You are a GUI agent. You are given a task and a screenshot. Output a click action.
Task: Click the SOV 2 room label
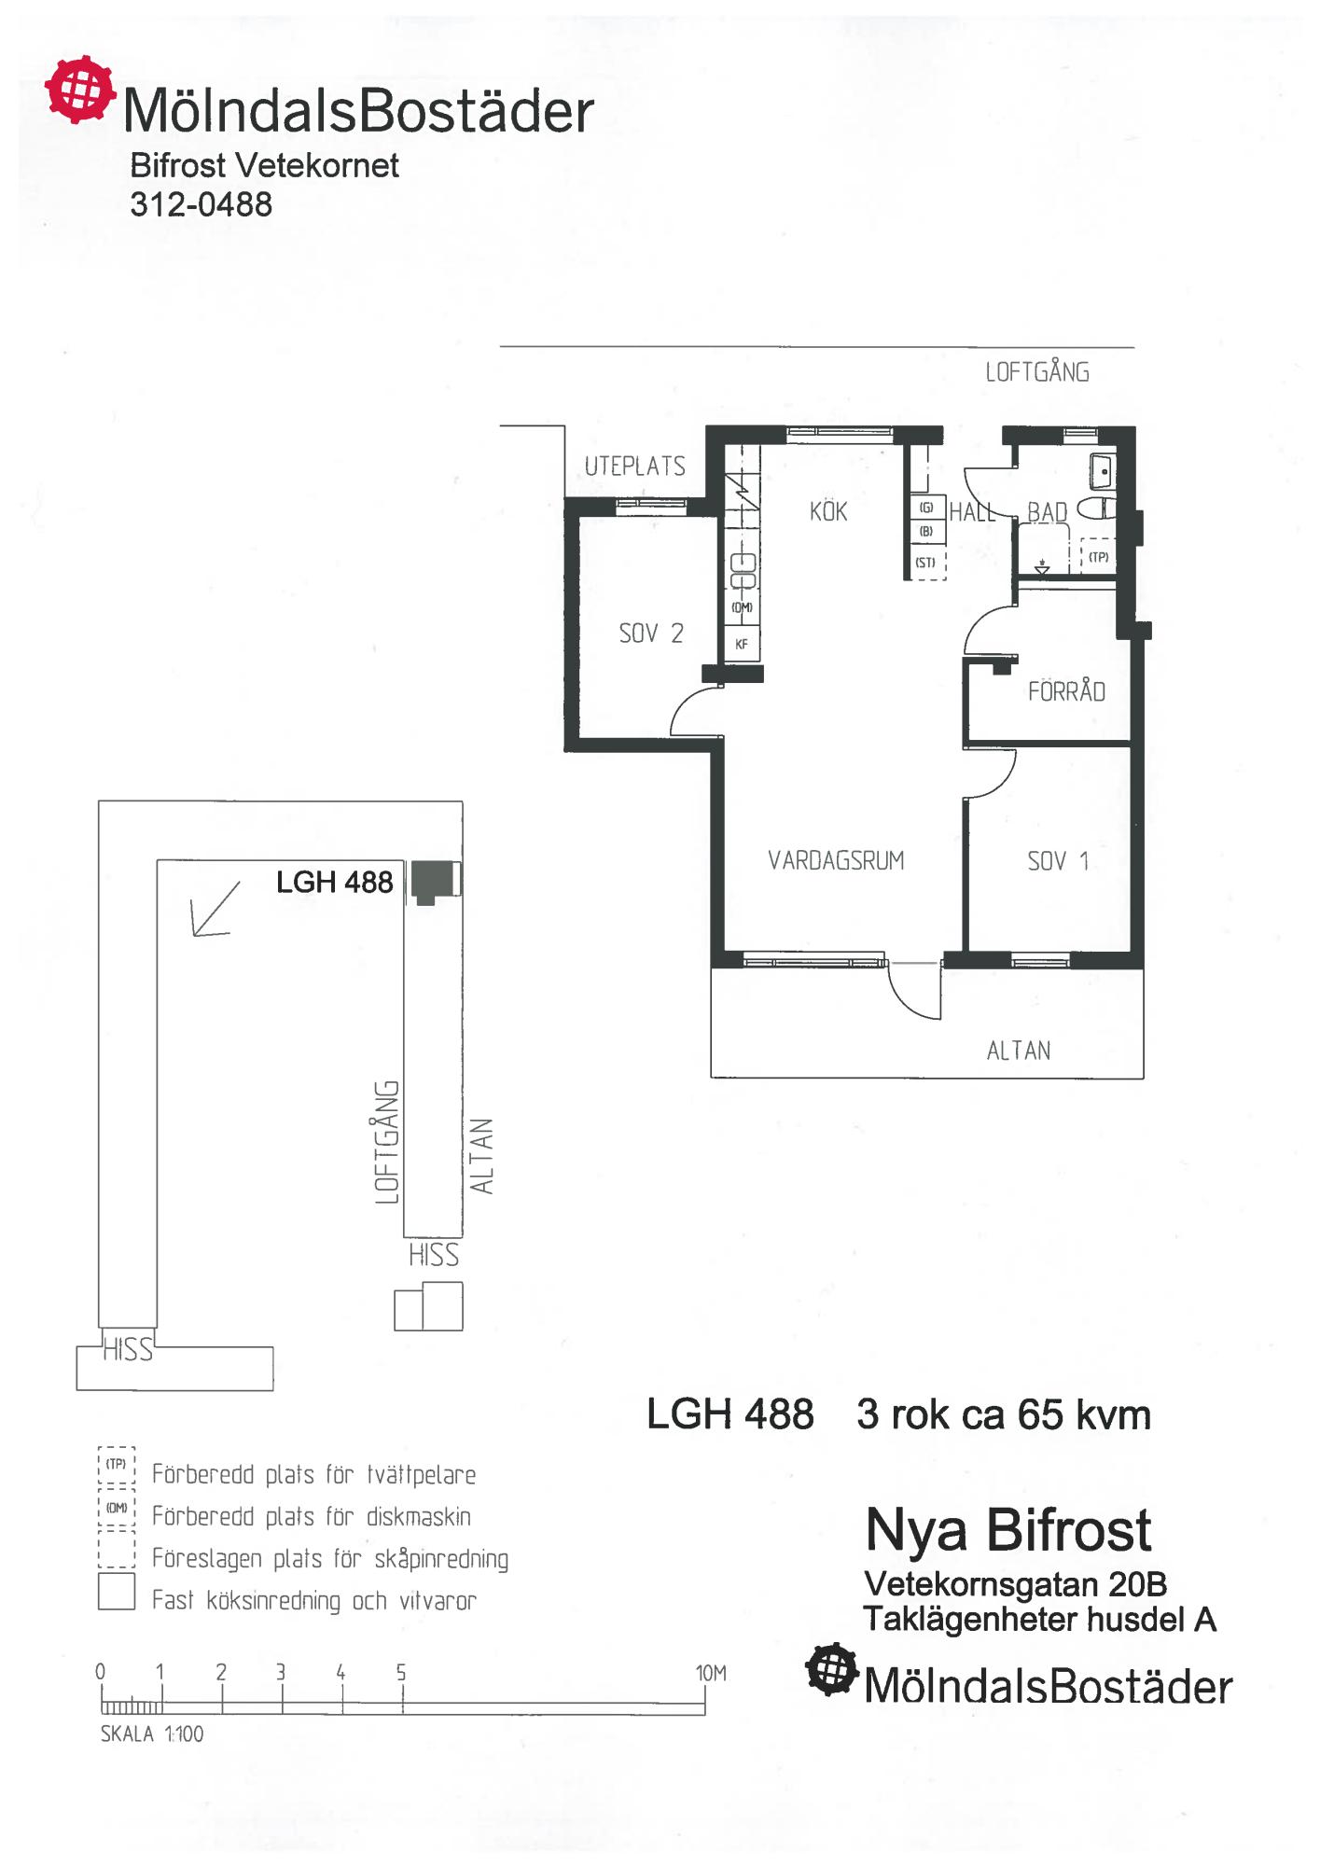(651, 634)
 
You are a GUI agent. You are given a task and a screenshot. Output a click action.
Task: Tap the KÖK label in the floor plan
(828, 510)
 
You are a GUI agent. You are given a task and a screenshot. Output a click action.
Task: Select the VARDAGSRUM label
(836, 860)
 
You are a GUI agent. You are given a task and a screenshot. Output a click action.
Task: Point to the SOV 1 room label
(1058, 860)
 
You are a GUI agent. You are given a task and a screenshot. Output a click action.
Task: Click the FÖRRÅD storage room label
(1066, 690)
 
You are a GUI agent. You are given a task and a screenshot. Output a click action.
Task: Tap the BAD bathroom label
(1047, 512)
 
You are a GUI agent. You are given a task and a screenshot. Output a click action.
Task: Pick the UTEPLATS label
(634, 466)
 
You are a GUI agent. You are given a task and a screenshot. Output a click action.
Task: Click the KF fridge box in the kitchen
(742, 644)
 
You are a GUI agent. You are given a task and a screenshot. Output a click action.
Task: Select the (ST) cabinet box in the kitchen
(925, 563)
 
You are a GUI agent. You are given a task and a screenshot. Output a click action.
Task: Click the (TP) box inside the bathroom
(1099, 557)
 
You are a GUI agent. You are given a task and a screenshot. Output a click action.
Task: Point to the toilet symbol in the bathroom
(1095, 508)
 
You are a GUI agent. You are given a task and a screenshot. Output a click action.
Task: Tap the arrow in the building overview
(215, 908)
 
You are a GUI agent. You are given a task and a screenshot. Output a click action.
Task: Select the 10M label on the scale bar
(711, 1673)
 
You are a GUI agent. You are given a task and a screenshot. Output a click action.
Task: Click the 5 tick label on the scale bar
(401, 1672)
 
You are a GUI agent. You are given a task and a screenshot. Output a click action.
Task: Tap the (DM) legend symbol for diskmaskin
(117, 1508)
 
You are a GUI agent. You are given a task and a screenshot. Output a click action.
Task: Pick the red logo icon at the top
(81, 90)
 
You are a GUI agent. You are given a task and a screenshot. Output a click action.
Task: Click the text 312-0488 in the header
(201, 204)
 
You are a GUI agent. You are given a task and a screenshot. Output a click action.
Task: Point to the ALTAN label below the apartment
(1019, 1051)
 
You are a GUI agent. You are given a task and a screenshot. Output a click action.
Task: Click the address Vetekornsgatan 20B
(1016, 1584)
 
